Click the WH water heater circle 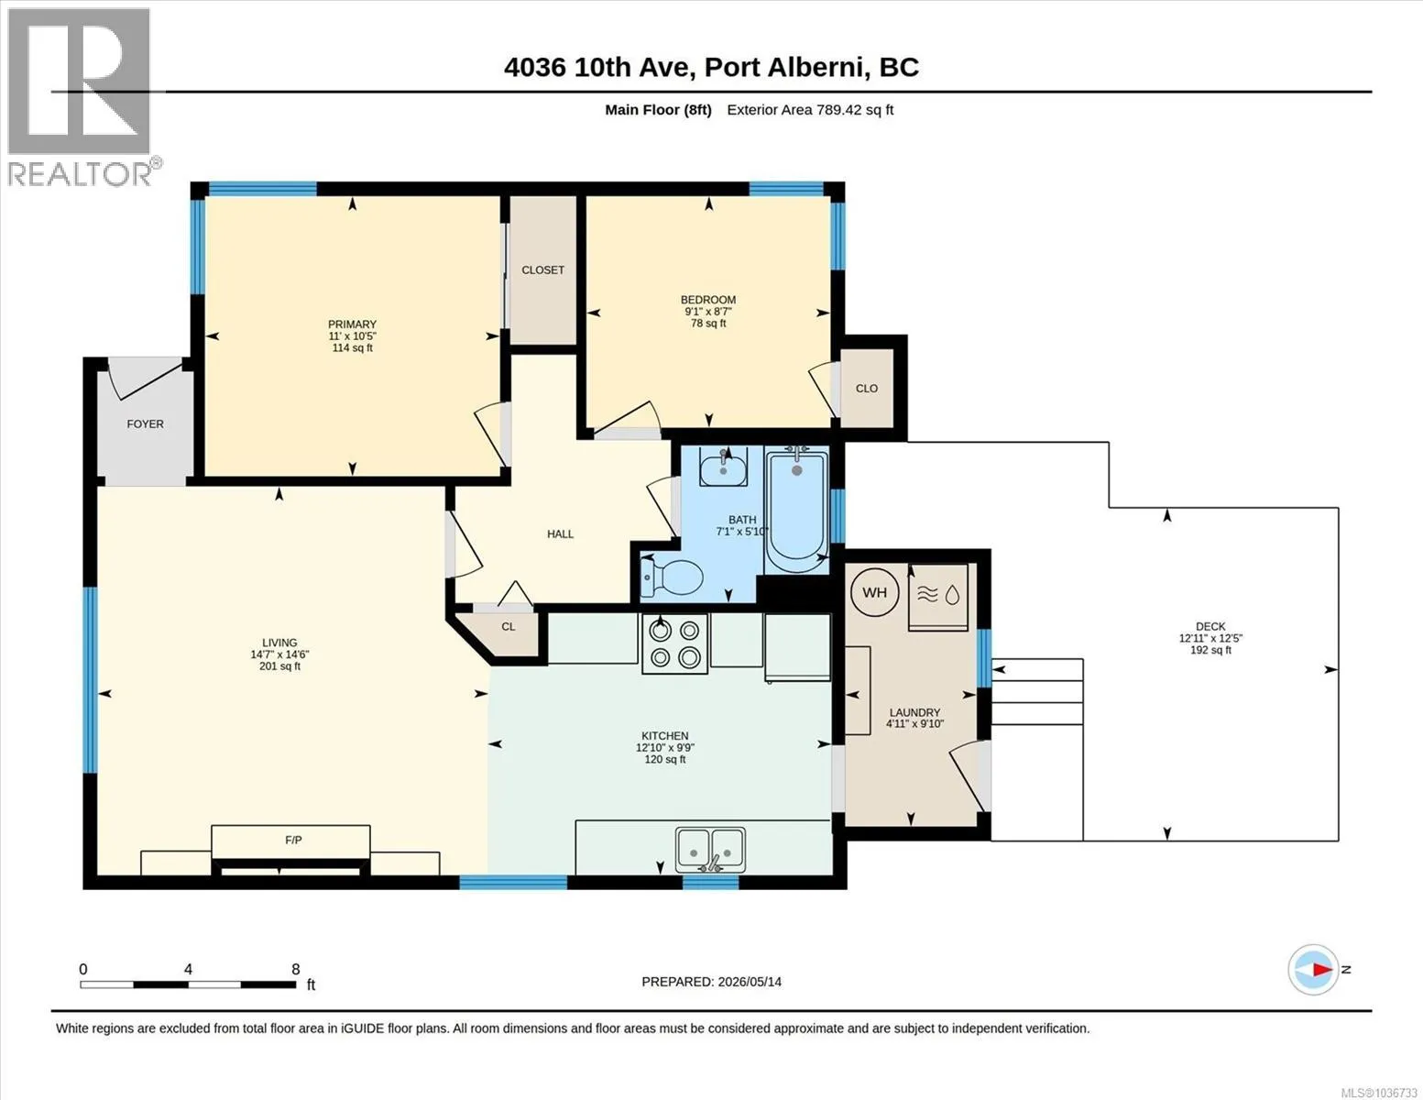point(874,592)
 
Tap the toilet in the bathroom point(673,577)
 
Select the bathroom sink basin point(723,467)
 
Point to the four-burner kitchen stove point(674,643)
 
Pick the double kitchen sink point(710,849)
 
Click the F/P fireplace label point(293,840)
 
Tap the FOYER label point(146,423)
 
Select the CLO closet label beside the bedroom point(867,389)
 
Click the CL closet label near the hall point(509,626)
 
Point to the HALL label point(560,533)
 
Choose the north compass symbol point(1313,970)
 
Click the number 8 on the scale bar point(295,969)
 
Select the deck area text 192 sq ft point(1210,650)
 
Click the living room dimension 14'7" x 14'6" point(279,654)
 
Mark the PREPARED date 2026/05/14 point(750,982)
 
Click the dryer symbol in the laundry point(937,598)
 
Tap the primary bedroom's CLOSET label point(542,269)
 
